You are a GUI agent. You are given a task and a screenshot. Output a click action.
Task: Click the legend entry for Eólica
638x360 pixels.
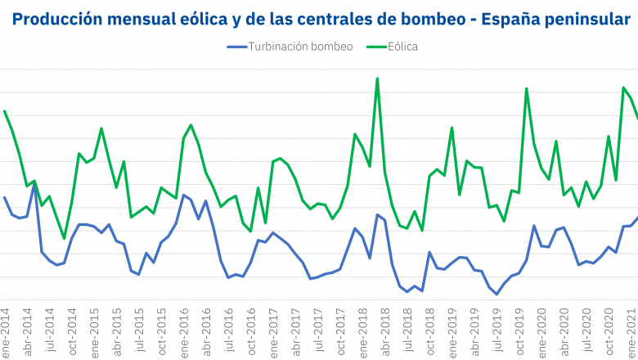(x=403, y=47)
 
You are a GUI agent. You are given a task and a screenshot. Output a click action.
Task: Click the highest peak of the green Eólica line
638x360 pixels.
(x=377, y=79)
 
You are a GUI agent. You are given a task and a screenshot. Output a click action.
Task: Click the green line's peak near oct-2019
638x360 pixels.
(x=526, y=88)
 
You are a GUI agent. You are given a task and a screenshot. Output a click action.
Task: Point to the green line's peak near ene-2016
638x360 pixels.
(x=191, y=125)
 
